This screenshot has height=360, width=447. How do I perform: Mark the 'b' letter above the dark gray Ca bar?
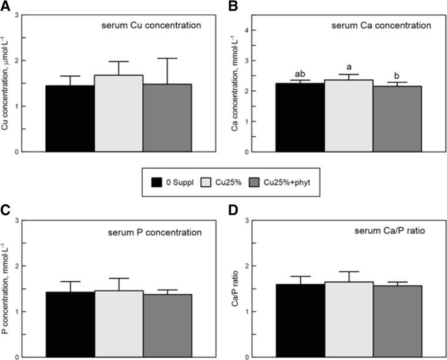pyautogui.click(x=397, y=77)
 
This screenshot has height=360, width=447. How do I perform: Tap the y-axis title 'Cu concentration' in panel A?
pyautogui.click(x=8, y=83)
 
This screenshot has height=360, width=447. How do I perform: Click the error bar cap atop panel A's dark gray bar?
pyautogui.click(x=167, y=58)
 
